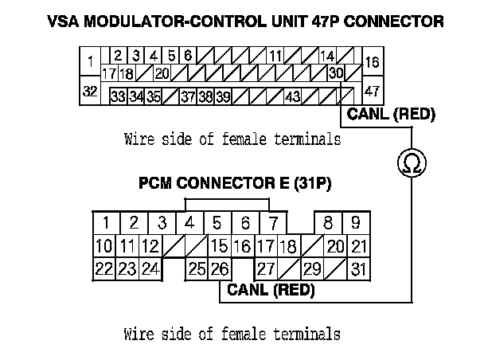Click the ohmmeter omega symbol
412,164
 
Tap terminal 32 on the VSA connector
90,92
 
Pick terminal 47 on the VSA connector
372,91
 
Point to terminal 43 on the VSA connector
292,96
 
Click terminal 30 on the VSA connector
336,73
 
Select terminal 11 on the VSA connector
275,56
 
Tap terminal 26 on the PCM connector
220,268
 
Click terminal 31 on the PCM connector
359,268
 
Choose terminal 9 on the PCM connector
356,222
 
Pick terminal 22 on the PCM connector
103,268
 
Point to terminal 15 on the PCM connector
220,246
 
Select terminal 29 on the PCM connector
312,268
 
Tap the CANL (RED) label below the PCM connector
271,290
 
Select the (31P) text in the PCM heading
312,184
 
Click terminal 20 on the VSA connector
162,73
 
